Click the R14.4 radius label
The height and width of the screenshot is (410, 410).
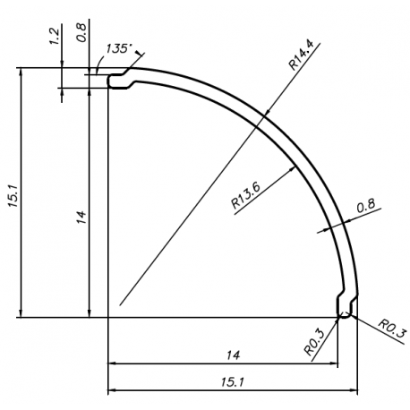point(302,56)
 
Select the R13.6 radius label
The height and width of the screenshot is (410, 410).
point(246,195)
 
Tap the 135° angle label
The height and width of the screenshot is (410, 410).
point(118,48)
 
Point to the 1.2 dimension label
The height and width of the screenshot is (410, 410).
point(55,37)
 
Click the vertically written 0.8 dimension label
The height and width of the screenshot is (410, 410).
point(81,32)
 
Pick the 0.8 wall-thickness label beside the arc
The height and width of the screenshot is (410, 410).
point(365,206)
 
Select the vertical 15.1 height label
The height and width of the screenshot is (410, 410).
point(13,196)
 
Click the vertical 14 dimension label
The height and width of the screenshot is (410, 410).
point(81,217)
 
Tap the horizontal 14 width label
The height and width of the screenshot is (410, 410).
point(233,355)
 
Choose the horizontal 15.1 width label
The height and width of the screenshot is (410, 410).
point(233,382)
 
